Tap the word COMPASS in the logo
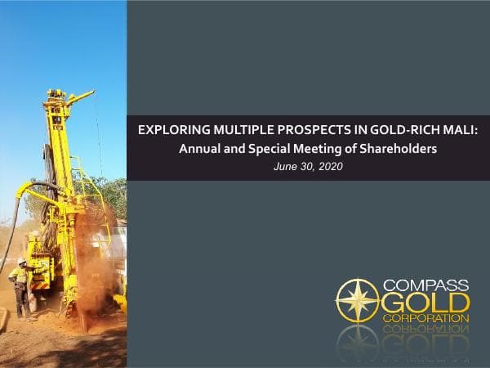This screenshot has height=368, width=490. [427, 285]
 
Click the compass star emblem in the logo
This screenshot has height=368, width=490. [357, 301]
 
